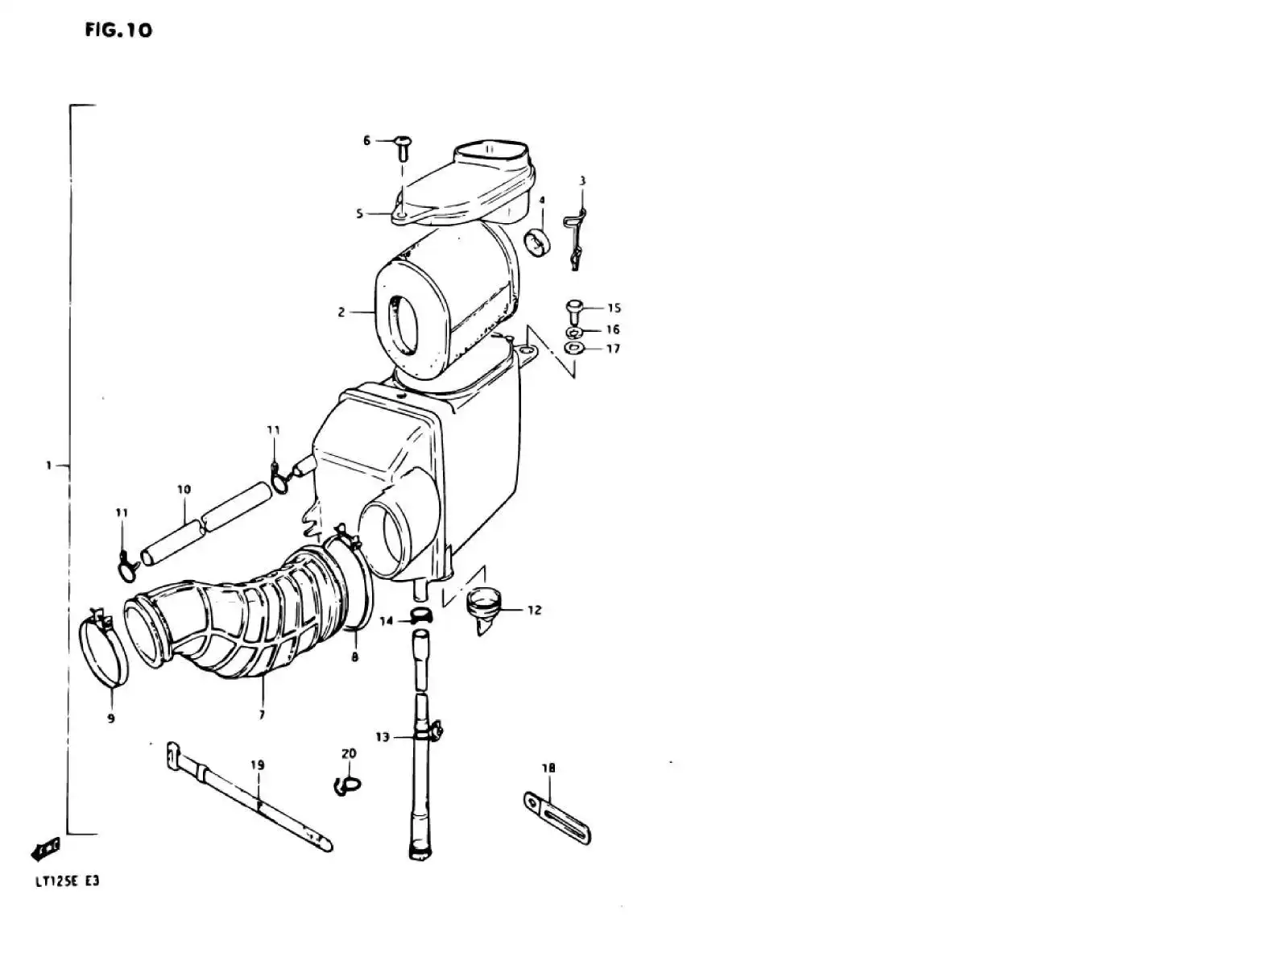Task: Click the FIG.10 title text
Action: [x=118, y=30]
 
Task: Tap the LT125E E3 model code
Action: [x=68, y=881]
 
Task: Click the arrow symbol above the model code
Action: [x=45, y=848]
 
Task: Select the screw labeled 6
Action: [x=403, y=149]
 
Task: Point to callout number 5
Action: [x=360, y=213]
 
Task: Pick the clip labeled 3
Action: [x=574, y=240]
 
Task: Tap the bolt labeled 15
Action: [x=574, y=311]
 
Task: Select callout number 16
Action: [x=613, y=329]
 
